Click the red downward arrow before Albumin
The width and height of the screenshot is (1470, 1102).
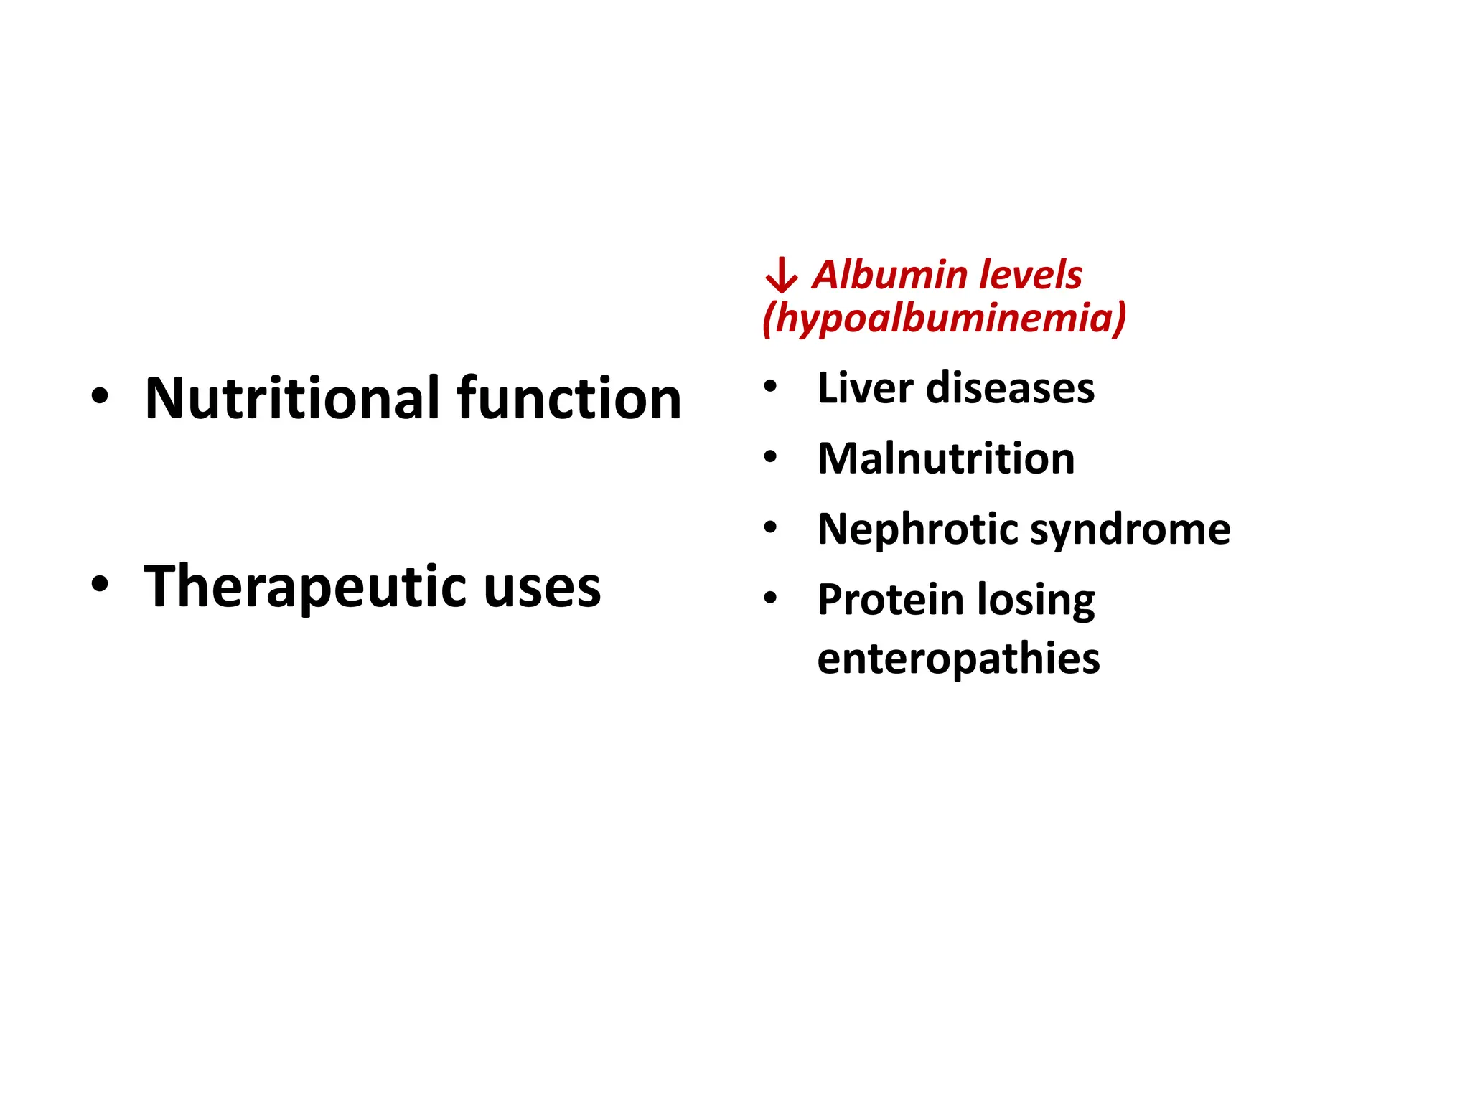[x=781, y=276]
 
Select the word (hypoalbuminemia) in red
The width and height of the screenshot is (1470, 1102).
[x=944, y=318]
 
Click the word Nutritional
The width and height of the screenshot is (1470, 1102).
[x=293, y=398]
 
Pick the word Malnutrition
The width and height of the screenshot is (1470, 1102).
[x=946, y=458]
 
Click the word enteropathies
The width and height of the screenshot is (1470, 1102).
[x=958, y=659]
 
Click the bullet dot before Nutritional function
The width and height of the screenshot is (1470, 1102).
[x=100, y=396]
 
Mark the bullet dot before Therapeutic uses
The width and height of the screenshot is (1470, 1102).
[x=100, y=584]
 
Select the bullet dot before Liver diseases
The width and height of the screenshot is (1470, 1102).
[x=770, y=387]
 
